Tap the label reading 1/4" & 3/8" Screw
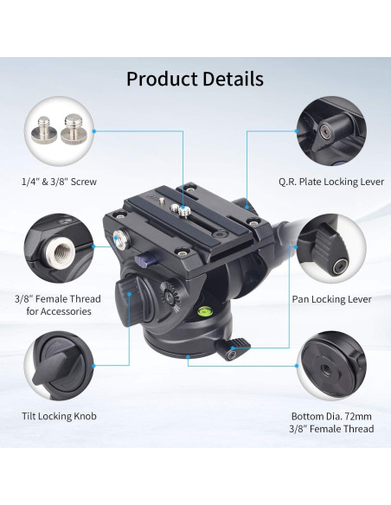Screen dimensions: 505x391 click(x=59, y=182)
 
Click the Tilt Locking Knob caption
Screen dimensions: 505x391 click(x=59, y=416)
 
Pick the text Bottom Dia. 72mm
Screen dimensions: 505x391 click(x=332, y=415)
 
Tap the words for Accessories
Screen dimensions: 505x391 click(x=59, y=311)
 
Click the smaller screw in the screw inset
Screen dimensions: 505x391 click(x=45, y=131)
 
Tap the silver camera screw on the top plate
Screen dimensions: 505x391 click(x=184, y=207)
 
